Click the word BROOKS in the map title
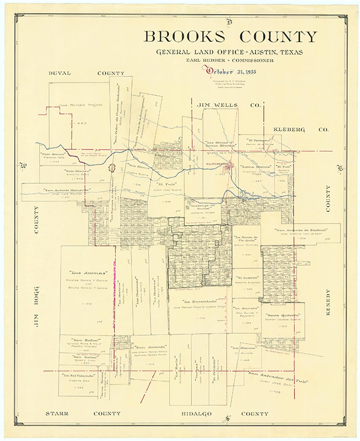coord(184,37)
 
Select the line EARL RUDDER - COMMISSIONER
coord(229,60)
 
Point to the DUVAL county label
coord(60,73)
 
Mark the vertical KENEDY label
coord(328,302)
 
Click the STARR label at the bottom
coord(57,414)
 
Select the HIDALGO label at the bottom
coord(196,414)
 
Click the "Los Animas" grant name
coord(88,272)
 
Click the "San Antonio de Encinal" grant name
coord(301,230)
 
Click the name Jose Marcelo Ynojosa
coord(81,105)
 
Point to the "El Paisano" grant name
coord(256,140)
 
